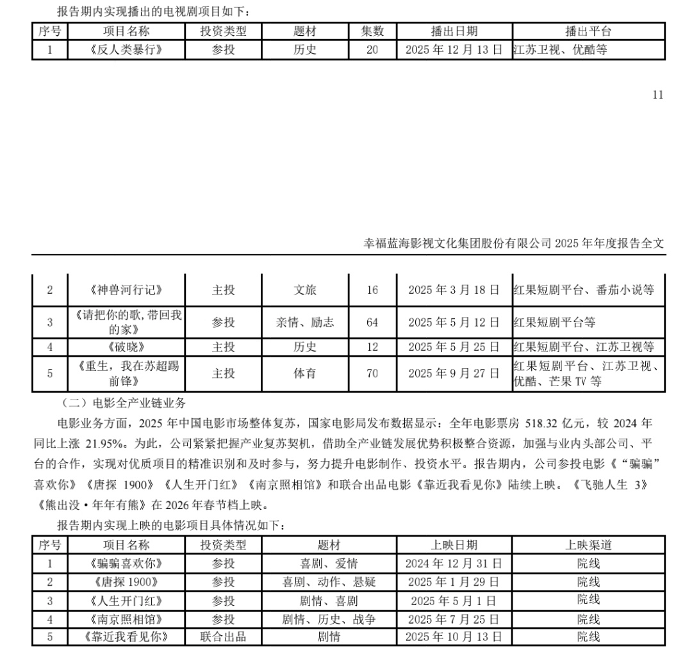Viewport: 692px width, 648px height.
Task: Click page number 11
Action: pos(657,95)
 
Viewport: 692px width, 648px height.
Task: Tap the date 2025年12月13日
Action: pos(454,50)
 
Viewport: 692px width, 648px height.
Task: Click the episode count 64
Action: pos(372,322)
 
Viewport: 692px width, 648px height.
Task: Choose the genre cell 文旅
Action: pos(305,290)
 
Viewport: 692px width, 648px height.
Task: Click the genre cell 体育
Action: pos(305,373)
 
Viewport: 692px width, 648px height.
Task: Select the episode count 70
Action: pos(372,373)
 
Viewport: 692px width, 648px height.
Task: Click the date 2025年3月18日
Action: pos(454,290)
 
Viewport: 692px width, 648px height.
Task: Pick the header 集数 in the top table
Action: pos(372,31)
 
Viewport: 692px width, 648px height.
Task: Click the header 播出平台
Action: pos(588,31)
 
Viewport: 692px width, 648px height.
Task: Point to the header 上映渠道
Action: pos(588,545)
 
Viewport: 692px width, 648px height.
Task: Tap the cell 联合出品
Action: pos(223,637)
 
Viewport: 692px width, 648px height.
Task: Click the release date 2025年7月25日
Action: pos(454,619)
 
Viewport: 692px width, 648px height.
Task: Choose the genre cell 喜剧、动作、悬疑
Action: pos(329,582)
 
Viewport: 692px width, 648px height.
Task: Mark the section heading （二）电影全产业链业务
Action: pos(124,403)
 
